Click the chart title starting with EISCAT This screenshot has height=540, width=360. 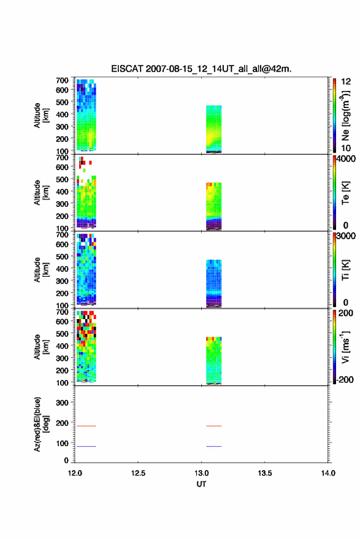201,69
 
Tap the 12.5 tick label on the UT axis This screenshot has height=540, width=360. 138,473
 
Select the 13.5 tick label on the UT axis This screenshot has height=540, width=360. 265,473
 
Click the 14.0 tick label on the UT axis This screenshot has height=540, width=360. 328,473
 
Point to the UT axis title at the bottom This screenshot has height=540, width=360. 201,484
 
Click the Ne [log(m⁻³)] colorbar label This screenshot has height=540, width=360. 345,116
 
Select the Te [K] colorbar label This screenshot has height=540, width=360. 345,193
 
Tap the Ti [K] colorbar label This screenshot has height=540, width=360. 345,270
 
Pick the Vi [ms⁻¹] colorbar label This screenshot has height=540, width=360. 345,347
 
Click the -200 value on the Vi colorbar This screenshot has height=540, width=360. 345,380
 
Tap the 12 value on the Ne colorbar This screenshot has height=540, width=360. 346,82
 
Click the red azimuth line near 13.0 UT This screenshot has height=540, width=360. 213,426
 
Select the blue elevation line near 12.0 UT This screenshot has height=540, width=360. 86,446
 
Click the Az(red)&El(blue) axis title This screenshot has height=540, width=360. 41,425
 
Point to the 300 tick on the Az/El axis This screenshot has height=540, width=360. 62,403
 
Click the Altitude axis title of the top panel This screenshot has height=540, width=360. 41,116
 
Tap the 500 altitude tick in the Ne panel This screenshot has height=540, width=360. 62,102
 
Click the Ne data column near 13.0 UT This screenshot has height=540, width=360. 213,129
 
